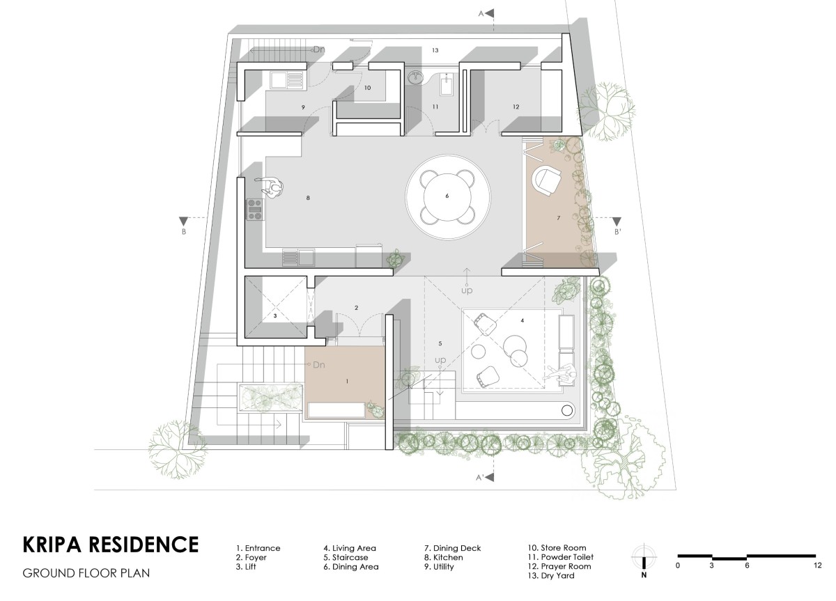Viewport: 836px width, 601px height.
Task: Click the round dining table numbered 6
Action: tap(447, 196)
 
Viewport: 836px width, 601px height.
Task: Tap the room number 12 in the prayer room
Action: tap(516, 107)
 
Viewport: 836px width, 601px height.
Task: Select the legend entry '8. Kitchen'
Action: tap(443, 557)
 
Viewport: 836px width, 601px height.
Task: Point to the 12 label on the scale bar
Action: tap(817, 565)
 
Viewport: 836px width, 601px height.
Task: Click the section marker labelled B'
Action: tap(617, 226)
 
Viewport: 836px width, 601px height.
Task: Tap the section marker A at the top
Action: tap(487, 13)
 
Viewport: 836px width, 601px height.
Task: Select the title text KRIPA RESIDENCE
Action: tap(111, 545)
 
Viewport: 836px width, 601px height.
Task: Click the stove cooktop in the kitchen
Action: tap(255, 210)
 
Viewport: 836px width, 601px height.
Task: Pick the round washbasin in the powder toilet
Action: tap(415, 78)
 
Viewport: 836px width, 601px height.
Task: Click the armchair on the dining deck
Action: tap(547, 181)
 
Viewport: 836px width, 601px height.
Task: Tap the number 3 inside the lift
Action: tap(275, 315)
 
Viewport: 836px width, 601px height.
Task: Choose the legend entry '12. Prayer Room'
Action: tap(559, 566)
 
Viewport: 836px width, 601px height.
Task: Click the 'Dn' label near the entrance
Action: tap(318, 364)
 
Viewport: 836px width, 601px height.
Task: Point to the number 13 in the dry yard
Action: tap(435, 50)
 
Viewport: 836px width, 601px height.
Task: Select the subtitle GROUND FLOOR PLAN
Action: tap(86, 573)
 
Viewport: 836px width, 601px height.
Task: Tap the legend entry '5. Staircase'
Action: tap(346, 557)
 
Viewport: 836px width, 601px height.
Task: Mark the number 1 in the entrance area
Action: tap(347, 381)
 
